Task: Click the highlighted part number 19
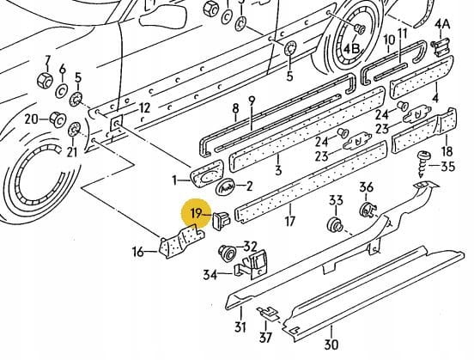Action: click(196, 214)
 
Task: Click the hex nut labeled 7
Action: click(45, 81)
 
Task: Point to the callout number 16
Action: click(138, 252)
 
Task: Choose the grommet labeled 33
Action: click(336, 225)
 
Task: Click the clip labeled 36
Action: click(368, 210)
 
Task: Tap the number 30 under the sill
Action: click(331, 345)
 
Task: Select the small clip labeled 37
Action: click(269, 313)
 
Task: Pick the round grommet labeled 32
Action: click(227, 253)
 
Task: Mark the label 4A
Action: click(442, 24)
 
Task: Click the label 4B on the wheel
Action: click(351, 48)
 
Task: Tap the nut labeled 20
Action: click(58, 119)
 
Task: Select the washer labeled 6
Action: click(62, 91)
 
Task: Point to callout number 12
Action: click(144, 108)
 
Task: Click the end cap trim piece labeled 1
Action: click(206, 174)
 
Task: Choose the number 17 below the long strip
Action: click(289, 222)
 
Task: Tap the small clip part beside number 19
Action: click(222, 220)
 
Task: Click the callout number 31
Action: click(240, 327)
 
